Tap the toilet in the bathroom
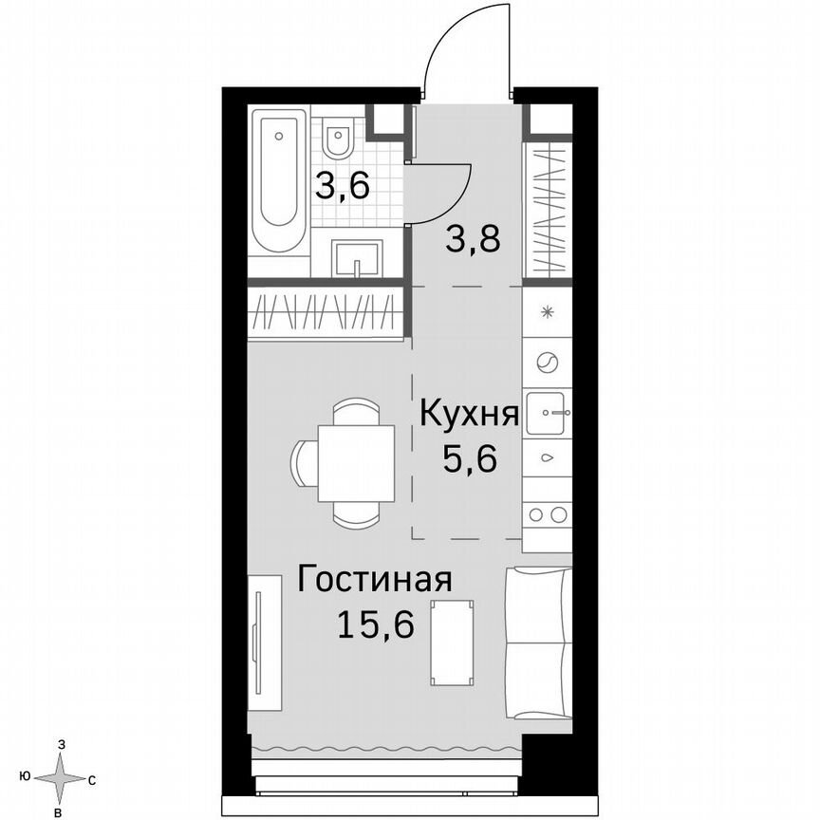(x=338, y=140)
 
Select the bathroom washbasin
(x=357, y=257)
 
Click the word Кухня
(x=468, y=415)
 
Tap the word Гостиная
(x=373, y=580)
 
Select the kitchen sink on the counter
(x=549, y=411)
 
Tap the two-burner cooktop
(x=549, y=513)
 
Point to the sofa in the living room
(x=539, y=643)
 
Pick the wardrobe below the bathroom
(x=328, y=311)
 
